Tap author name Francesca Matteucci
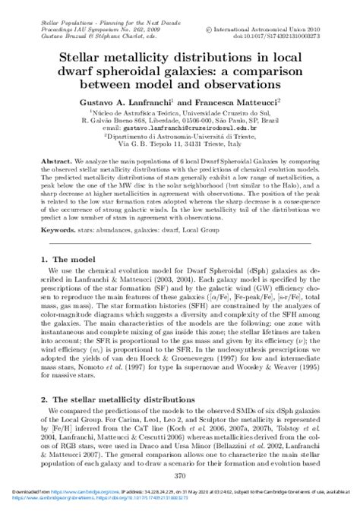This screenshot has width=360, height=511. click(x=239, y=99)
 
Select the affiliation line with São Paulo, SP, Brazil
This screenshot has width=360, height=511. click(x=180, y=119)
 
